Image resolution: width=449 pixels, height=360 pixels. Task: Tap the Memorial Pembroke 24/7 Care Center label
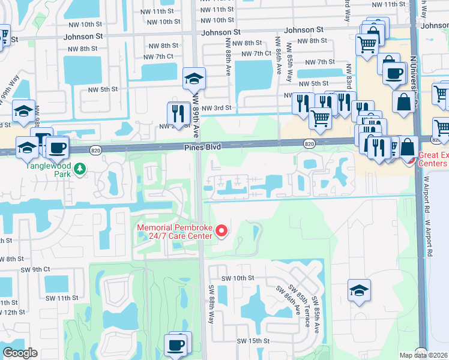click(x=175, y=232)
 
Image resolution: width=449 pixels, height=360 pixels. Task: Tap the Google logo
click(x=20, y=352)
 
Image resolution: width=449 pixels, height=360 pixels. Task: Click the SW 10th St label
click(x=238, y=278)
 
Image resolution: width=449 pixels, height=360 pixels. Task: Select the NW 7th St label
click(x=319, y=62)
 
